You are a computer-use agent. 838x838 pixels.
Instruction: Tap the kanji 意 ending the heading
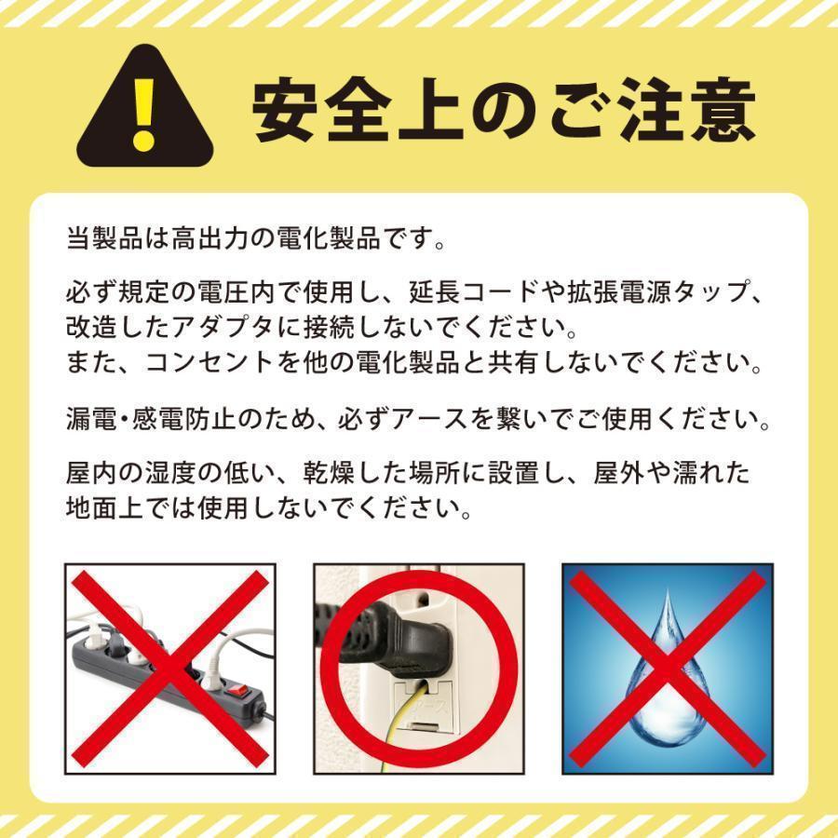721,112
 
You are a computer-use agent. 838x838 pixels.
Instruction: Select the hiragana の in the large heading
504,112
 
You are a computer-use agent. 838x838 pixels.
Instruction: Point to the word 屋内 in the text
91,474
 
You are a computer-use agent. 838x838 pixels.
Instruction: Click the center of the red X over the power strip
169,669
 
